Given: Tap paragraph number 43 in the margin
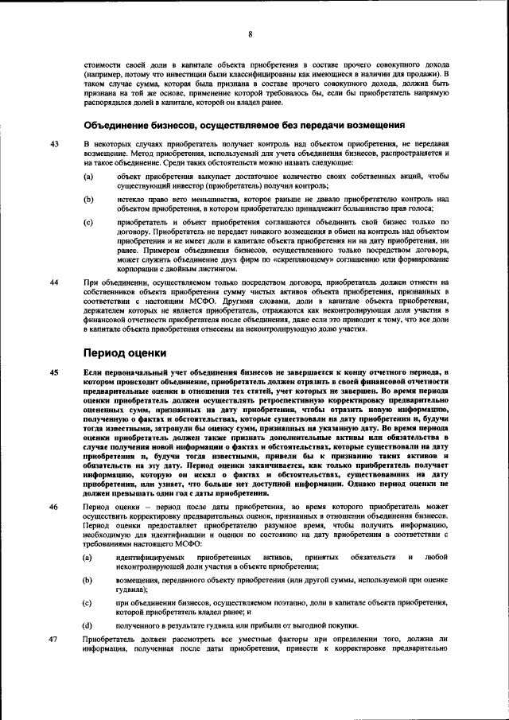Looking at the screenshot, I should point(54,143).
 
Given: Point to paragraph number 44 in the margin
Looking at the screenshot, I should point(54,282).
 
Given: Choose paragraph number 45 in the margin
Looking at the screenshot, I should point(54,372).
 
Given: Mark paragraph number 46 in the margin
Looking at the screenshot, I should point(54,506).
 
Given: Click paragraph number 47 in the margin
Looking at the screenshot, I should point(54,639).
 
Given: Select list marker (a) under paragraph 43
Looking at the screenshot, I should point(88,175).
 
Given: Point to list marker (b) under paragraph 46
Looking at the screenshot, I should point(88,581).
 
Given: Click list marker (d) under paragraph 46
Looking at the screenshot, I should point(88,625).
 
